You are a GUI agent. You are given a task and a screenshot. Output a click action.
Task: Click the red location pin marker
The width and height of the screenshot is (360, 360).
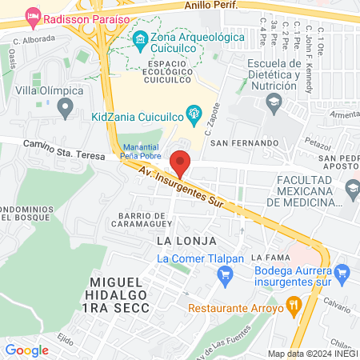coord(181,163)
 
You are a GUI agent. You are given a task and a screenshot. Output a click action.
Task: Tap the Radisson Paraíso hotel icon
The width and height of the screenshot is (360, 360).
coord(33,16)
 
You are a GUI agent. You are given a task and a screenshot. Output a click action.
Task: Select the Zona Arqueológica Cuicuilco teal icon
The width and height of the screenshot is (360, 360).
coord(140,38)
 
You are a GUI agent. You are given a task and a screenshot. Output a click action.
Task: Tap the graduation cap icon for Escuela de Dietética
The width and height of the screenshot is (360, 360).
coord(274,102)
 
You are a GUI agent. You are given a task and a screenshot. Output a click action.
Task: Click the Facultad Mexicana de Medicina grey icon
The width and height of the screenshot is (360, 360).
coord(352,188)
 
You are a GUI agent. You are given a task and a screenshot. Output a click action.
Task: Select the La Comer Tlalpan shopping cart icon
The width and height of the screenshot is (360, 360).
coord(225,275)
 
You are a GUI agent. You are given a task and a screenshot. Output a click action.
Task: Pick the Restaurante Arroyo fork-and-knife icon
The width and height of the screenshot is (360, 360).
coord(293,304)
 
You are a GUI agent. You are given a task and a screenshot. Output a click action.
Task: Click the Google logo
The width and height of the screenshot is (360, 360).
coord(26,350)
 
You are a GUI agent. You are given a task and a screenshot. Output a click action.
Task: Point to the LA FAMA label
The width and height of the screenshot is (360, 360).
coord(268,258)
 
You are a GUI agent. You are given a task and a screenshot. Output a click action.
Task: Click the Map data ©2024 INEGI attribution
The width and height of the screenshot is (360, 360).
coord(312,354)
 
